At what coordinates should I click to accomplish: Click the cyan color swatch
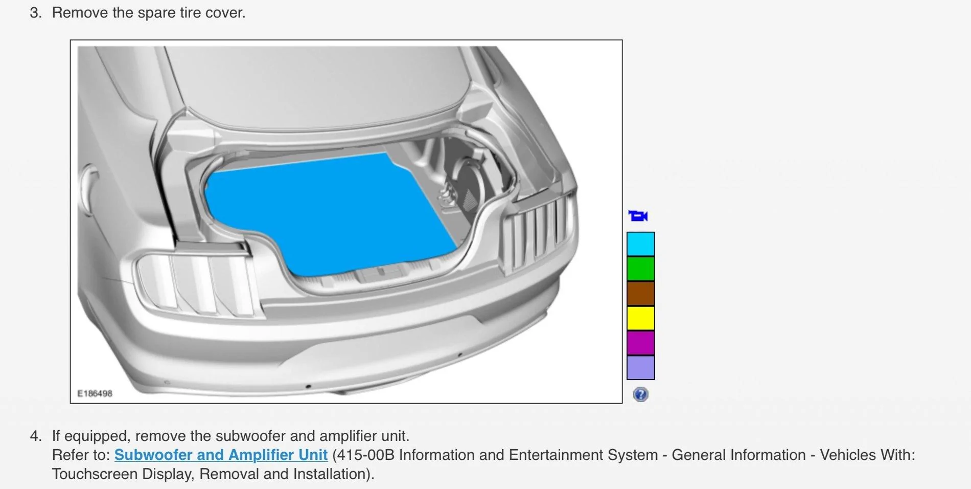pyautogui.click(x=640, y=243)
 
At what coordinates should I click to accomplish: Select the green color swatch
pyautogui.click(x=640, y=269)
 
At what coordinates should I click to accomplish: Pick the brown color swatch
pyautogui.click(x=640, y=293)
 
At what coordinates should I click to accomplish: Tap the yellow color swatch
pyautogui.click(x=640, y=318)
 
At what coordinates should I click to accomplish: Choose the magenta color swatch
pyautogui.click(x=640, y=343)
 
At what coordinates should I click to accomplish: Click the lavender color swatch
pyautogui.click(x=640, y=368)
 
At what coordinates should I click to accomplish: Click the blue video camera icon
pyautogui.click(x=638, y=216)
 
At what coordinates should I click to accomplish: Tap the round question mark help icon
pyautogui.click(x=640, y=394)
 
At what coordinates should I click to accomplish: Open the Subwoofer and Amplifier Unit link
pyautogui.click(x=221, y=455)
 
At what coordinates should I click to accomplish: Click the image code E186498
pyautogui.click(x=95, y=393)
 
